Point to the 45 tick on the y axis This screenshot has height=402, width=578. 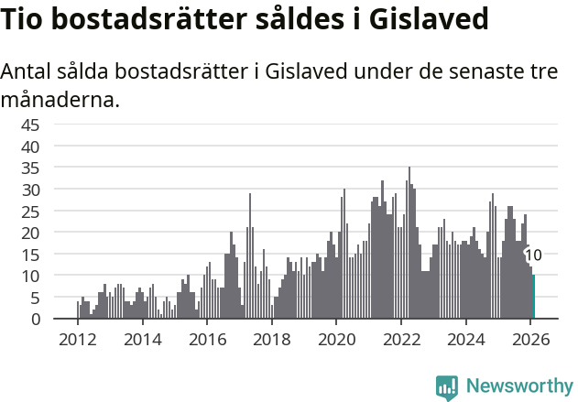30,125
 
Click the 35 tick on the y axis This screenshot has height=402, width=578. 30,168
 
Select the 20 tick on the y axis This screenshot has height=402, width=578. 30,233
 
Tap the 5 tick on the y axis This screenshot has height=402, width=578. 35,298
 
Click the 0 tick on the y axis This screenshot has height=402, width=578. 35,319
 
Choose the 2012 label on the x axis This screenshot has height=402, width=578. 77,338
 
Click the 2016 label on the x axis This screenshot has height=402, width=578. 207,338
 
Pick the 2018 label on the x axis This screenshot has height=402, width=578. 271,338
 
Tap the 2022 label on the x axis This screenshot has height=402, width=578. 401,338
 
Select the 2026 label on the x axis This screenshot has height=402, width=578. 530,338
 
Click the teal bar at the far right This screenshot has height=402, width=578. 533,297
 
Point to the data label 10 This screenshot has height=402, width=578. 534,255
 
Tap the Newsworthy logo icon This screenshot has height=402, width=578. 447,386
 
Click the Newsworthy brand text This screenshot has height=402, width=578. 518,386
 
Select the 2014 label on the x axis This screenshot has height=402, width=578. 142,338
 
